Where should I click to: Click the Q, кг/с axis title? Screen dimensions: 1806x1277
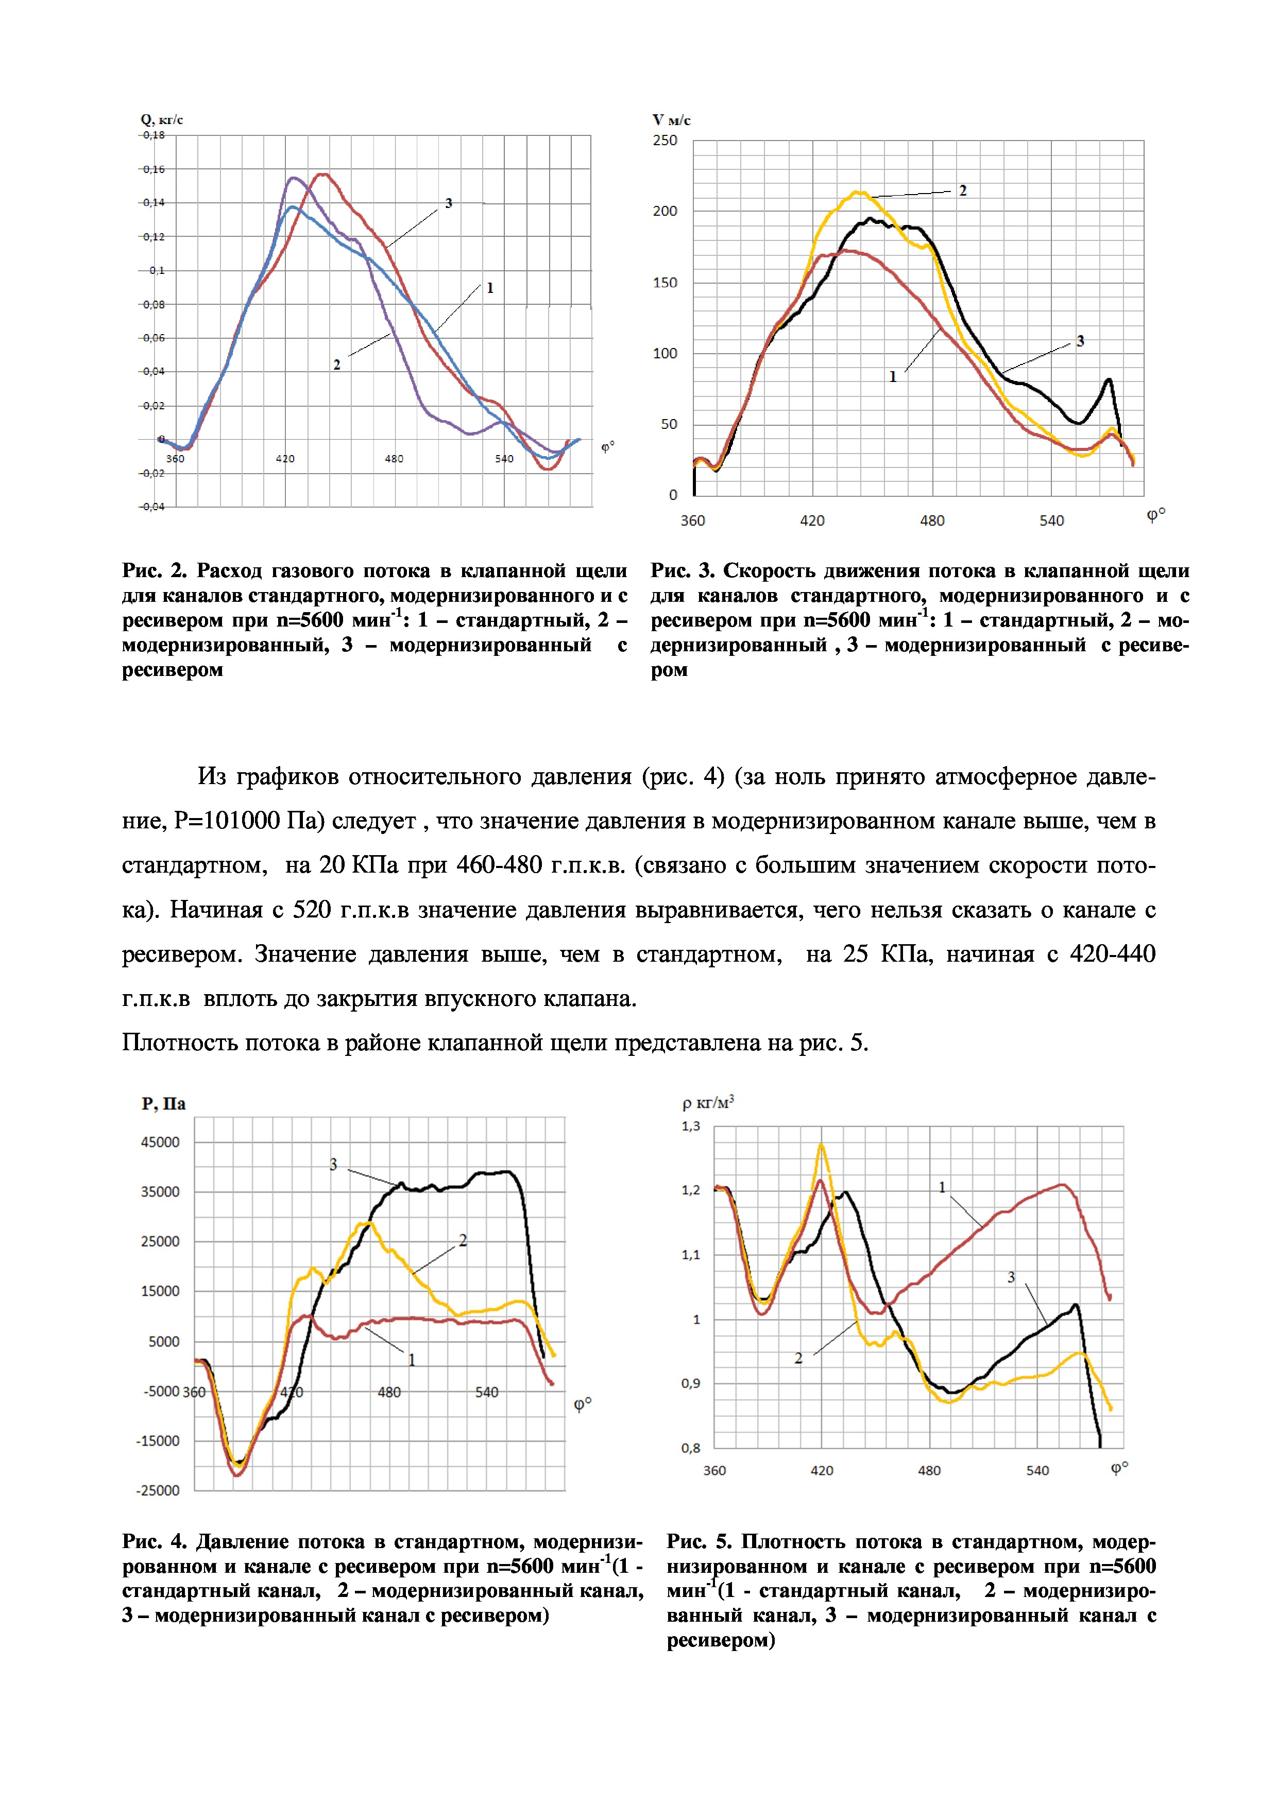[x=162, y=119]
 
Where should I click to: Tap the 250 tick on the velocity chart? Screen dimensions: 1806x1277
[x=665, y=141]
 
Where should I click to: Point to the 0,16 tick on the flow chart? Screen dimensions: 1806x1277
[x=154, y=169]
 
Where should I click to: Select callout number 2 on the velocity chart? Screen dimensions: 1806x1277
[x=962, y=190]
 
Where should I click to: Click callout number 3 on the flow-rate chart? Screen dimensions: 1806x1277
[x=449, y=203]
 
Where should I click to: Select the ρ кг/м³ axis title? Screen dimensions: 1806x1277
[x=707, y=1103]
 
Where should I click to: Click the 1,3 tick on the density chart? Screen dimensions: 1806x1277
[x=691, y=1126]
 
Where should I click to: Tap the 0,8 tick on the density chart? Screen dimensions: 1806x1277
[x=691, y=1447]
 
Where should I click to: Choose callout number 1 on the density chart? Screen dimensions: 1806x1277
[x=942, y=1188]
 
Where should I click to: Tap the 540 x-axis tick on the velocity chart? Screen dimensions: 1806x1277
[x=1051, y=520]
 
